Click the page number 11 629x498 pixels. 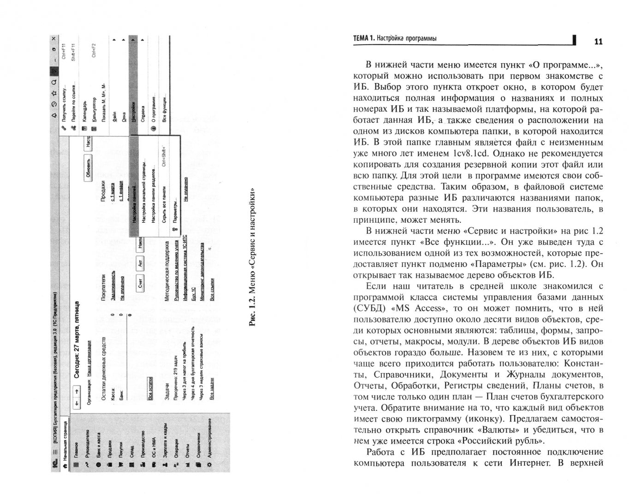pos(598,41)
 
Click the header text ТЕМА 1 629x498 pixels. pos(364,39)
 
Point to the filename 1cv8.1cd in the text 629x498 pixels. pos(463,154)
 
